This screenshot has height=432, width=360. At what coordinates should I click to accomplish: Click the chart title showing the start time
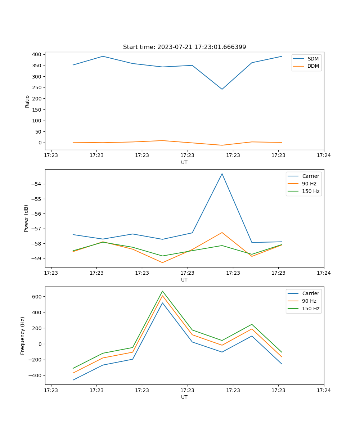point(184,47)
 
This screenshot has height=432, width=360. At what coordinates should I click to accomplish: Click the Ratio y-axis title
point(27,101)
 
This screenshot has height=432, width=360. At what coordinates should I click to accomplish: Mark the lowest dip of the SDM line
point(222,89)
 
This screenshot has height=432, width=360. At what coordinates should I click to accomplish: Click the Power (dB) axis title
point(26,218)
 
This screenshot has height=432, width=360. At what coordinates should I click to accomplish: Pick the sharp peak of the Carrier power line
point(222,174)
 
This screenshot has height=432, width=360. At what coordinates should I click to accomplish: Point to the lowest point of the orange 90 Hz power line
point(162,262)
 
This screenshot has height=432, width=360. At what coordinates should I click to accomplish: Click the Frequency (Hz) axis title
point(23,336)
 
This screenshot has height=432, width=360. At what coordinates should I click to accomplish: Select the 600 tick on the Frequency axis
point(37,297)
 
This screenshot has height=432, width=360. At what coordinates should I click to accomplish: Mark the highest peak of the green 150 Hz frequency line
point(162,291)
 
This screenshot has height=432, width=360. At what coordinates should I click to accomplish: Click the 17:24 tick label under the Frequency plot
point(324,390)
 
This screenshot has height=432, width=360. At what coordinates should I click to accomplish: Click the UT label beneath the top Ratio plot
point(184,162)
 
